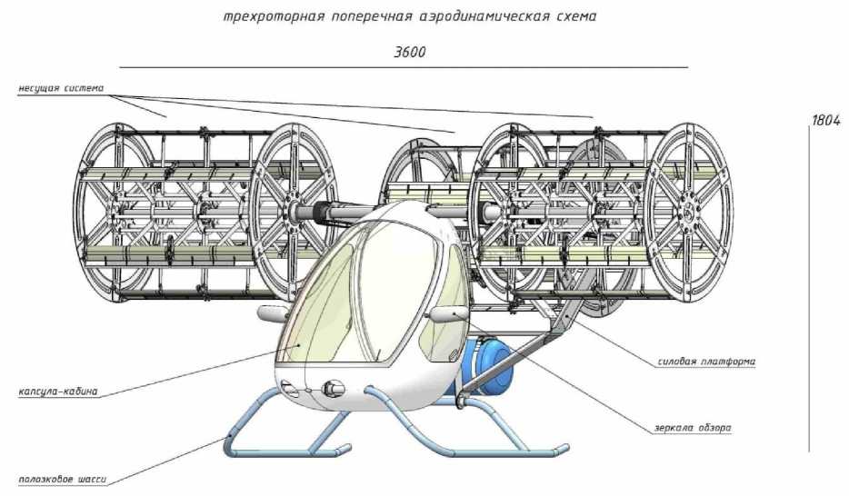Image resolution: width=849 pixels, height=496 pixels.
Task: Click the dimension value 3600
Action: point(410,52)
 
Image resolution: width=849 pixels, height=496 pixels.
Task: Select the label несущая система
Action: point(61,88)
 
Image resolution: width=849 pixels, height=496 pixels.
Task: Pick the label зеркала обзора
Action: point(692,427)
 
